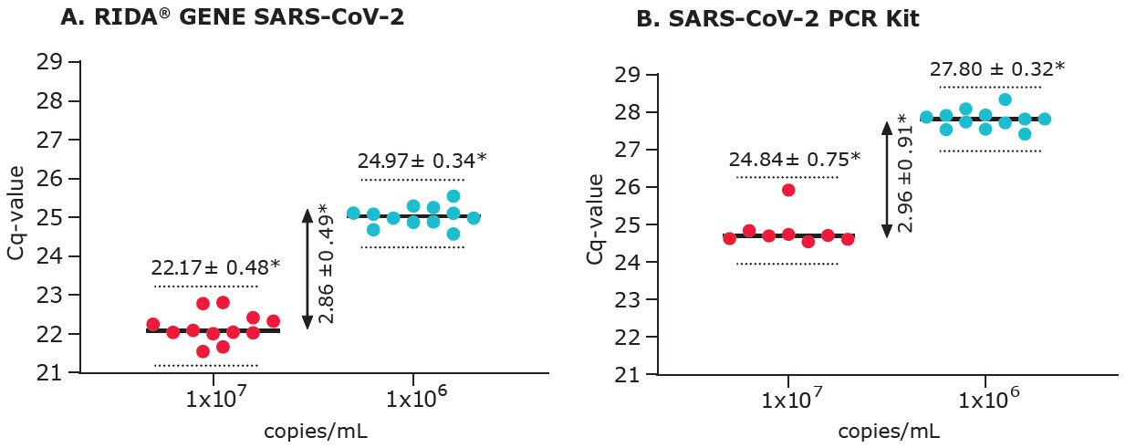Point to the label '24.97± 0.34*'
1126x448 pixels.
pos(422,161)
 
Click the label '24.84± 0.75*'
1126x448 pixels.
pos(794,160)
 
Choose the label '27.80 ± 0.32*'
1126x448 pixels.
pos(997,69)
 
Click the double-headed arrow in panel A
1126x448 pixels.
pos(308,268)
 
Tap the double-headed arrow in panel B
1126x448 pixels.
pos(886,180)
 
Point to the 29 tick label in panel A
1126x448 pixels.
pos(49,62)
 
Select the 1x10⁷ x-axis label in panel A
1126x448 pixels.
pos(214,399)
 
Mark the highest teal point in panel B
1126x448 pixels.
pos(1005,99)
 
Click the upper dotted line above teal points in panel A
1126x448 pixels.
pos(413,180)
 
